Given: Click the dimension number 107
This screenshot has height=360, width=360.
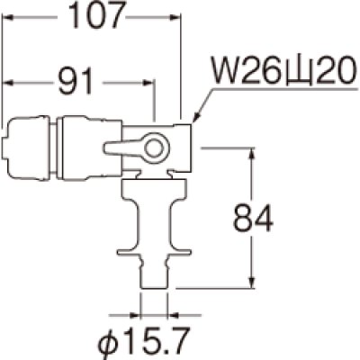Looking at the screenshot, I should [93, 15].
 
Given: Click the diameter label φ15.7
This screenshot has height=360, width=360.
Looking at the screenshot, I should [158, 339].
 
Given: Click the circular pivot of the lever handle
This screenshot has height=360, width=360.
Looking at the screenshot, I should [155, 148].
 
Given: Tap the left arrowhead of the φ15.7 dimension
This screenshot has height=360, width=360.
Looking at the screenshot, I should [140, 315].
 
